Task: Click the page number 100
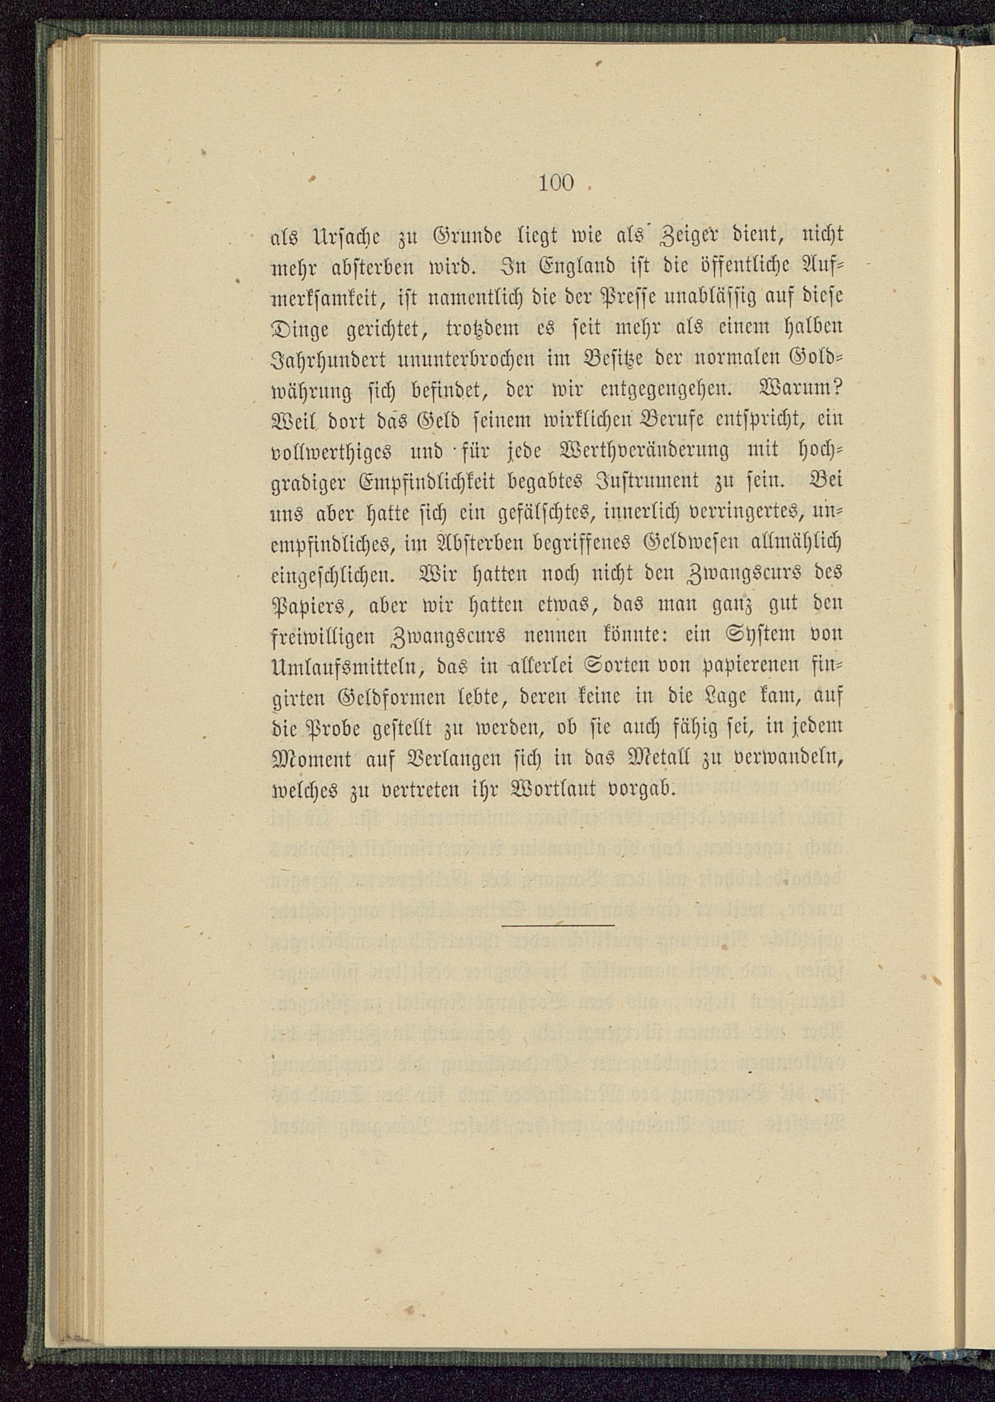pyautogui.click(x=556, y=183)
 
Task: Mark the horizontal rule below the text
pyautogui.click(x=558, y=925)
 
